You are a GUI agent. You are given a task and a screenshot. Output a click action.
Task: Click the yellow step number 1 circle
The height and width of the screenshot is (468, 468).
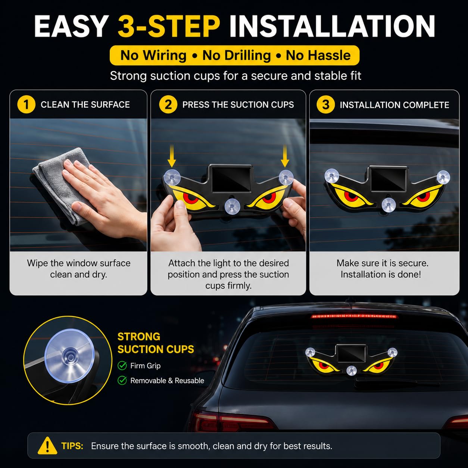coord(26,104)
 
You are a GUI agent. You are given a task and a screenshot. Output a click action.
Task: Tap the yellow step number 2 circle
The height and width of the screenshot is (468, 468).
coord(168,104)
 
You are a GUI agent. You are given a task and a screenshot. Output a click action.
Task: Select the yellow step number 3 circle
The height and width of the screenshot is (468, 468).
coord(326,104)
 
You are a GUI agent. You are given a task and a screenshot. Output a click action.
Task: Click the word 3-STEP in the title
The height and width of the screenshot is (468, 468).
coord(169,26)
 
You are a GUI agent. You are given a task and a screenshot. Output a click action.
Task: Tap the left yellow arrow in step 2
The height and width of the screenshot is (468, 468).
coord(172,156)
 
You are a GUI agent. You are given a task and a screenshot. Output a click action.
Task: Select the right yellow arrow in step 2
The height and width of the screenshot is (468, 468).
coord(285,156)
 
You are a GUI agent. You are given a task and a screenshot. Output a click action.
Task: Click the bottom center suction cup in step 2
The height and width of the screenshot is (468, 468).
coord(232,206)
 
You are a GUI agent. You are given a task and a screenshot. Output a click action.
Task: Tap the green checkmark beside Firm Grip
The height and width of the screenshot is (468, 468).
coord(122,365)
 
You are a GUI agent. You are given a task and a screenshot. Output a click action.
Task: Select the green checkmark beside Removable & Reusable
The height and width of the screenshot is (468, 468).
coord(122,380)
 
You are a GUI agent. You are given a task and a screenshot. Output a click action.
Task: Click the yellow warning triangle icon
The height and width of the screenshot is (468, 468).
coord(47,446)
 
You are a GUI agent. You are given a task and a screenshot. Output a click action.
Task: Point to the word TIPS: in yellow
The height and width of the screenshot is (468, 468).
coord(72,446)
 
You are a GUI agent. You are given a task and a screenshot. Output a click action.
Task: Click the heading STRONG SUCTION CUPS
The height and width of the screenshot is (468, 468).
coord(156,343)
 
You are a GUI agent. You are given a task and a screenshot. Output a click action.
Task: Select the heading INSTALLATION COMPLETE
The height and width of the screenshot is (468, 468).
coord(394,105)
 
